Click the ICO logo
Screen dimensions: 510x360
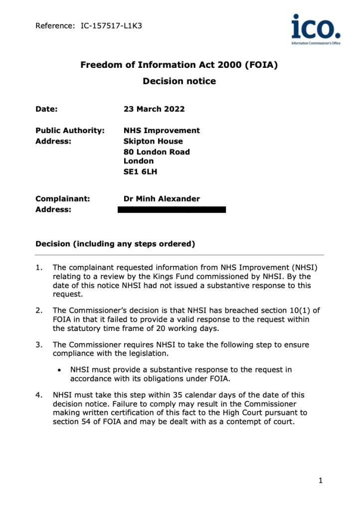tap(316, 29)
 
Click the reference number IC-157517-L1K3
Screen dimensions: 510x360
tap(111, 25)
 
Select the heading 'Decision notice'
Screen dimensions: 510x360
tap(180, 81)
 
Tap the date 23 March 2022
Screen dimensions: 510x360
tap(154, 110)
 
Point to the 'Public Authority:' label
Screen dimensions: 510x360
tap(70, 131)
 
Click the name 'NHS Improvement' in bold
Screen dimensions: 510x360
tap(162, 131)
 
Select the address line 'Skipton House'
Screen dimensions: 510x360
tap(153, 141)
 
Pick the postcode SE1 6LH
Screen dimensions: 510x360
tap(140, 171)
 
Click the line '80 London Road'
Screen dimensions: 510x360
tap(157, 152)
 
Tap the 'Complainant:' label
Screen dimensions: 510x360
tap(63, 199)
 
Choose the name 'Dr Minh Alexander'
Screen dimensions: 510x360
tap(162, 199)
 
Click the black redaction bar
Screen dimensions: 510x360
tap(172, 209)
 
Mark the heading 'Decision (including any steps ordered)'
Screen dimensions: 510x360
tap(115, 244)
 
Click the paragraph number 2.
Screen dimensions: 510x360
tap(39, 310)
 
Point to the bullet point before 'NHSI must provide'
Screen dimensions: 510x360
tap(60, 370)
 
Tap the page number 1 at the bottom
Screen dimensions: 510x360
tap(321, 481)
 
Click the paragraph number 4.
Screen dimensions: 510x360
tap(39, 395)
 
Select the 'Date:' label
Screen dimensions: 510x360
tap(46, 110)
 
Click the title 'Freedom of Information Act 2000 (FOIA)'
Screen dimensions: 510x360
tap(180, 65)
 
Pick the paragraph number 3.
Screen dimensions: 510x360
tap(39, 344)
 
